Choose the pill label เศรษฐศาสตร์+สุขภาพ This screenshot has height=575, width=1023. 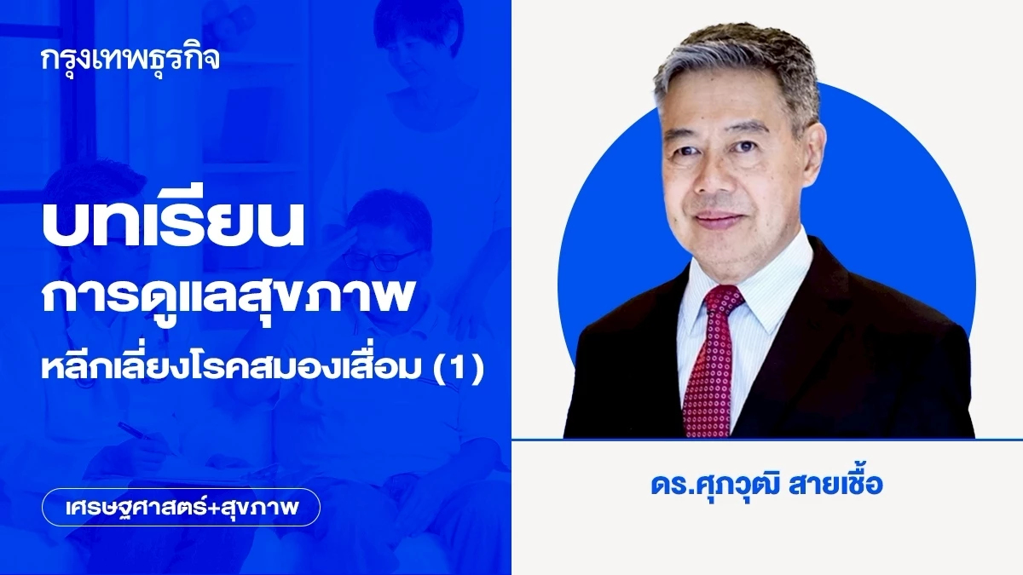point(181,508)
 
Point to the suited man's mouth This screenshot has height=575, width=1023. point(720,221)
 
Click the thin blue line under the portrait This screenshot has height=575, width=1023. point(767,440)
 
